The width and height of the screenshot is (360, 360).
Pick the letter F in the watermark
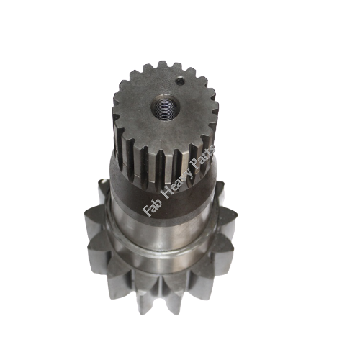[x=146, y=213]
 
